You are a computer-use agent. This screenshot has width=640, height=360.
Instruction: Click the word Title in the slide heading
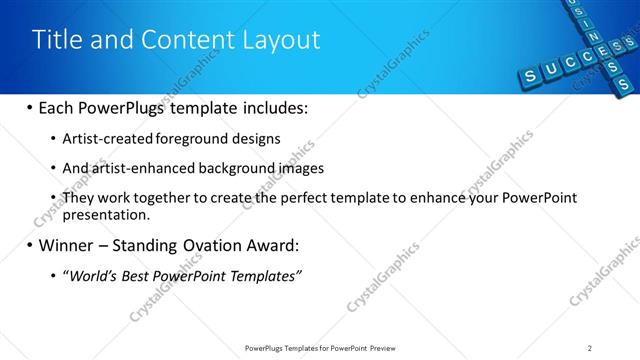pos(56,39)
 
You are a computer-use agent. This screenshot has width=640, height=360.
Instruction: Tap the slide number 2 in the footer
pos(590,348)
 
